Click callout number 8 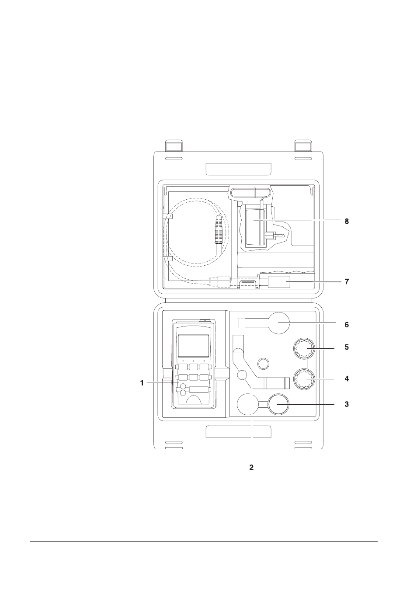(347, 222)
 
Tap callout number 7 (347, 282)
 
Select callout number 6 (347, 325)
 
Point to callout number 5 (347, 347)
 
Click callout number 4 (347, 379)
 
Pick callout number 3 (347, 404)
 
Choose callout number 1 (142, 383)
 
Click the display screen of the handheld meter (194, 346)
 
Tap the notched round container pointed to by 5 (305, 348)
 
